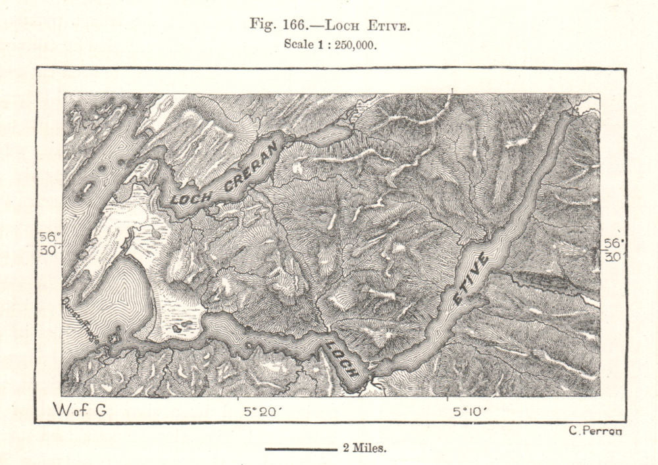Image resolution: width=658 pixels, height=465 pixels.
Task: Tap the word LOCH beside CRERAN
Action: (x=191, y=197)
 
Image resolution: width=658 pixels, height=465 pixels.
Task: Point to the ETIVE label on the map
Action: (x=470, y=280)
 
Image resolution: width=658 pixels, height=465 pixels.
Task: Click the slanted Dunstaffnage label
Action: (x=82, y=316)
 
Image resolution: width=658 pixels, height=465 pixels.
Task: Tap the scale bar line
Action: (x=301, y=450)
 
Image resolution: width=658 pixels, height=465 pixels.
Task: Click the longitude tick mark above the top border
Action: (x=452, y=90)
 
